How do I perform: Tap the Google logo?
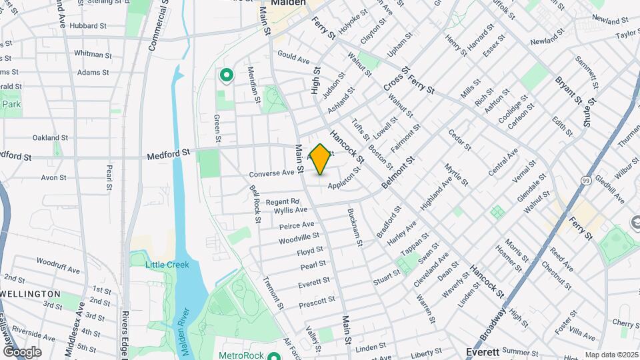pyautogui.click(x=23, y=351)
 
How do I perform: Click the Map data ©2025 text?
pyautogui.click(x=611, y=355)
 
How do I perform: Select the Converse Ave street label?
pyautogui.click(x=272, y=173)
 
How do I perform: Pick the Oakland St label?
pyautogui.click(x=51, y=137)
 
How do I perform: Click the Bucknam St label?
pyautogui.click(x=355, y=227)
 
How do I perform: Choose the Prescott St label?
pyautogui.click(x=317, y=301)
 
